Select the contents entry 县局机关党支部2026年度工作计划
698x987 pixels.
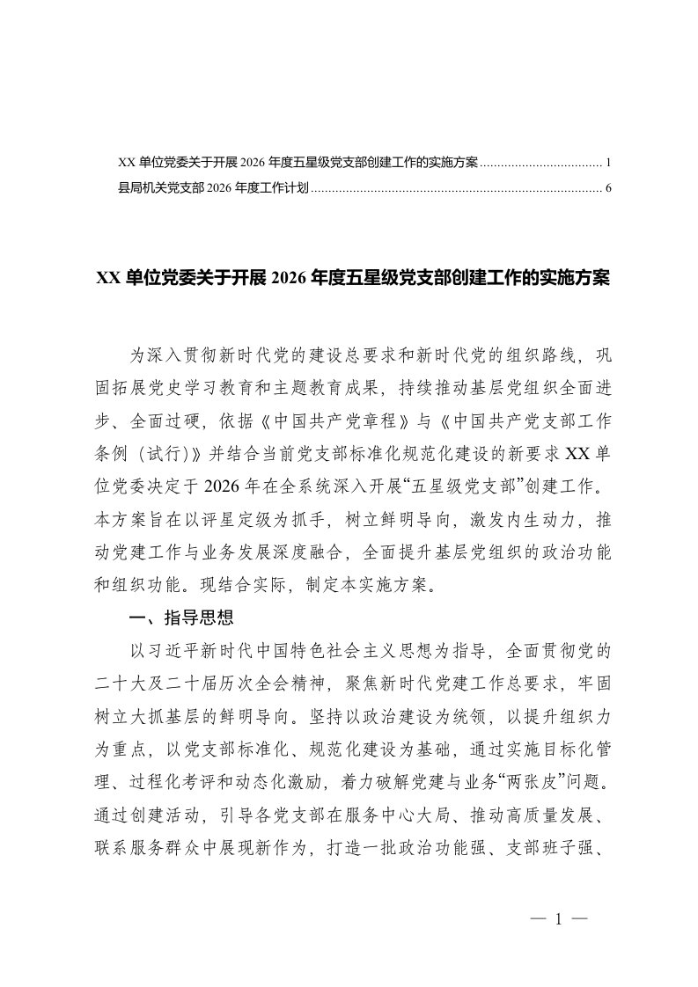click(x=212, y=188)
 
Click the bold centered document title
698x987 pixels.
click(x=352, y=279)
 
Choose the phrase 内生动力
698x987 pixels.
click(x=518, y=517)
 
